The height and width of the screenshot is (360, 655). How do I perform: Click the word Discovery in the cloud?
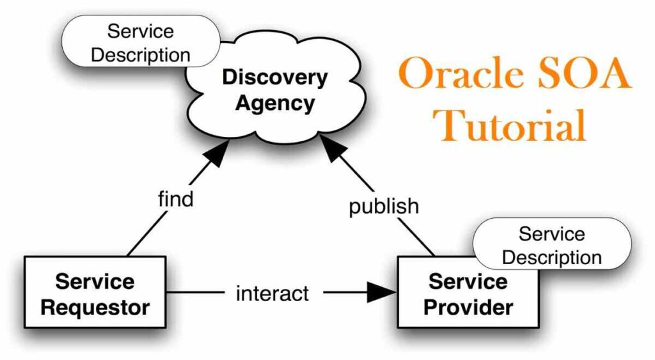(x=274, y=78)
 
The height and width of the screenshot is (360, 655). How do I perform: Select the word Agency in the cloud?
(x=274, y=103)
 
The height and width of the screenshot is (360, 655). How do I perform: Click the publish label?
(x=384, y=207)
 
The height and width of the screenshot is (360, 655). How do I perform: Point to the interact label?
(x=272, y=293)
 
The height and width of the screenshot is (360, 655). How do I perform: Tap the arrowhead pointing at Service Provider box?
(x=383, y=293)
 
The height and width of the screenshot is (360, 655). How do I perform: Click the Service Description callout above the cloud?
(x=141, y=42)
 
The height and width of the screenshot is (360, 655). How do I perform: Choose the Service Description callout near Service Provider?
(x=551, y=245)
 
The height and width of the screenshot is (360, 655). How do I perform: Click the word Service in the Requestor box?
(x=95, y=281)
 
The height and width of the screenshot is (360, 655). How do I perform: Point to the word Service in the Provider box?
(x=468, y=281)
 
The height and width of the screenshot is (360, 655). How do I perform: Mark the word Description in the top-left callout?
(x=141, y=54)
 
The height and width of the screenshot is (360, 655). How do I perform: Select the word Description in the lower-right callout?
(x=551, y=257)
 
